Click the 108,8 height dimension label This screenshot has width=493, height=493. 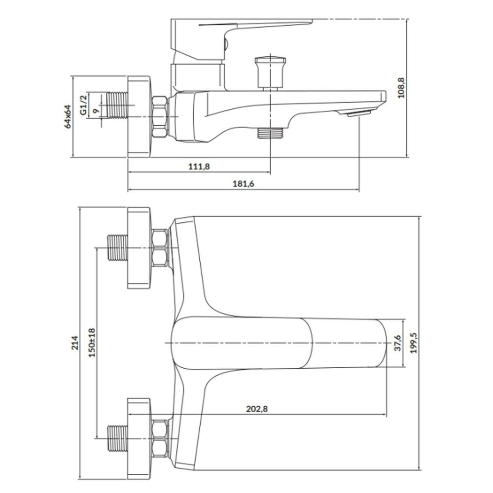pos(401,88)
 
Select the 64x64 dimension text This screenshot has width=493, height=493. pos(68,117)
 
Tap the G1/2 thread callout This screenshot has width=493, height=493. pos(83,105)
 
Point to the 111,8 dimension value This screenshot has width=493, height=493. pos(199,166)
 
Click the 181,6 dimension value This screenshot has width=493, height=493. pos(244,183)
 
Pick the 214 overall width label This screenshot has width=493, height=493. pos(75,343)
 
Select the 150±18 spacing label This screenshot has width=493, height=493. pos(92,343)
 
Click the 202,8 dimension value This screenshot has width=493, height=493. pos(257,409)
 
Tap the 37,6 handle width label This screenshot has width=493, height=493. pos(398,343)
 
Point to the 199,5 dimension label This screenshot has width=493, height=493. pos(414,343)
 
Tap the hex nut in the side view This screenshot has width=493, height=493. pos(160,117)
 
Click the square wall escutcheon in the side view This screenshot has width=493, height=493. pos(139,116)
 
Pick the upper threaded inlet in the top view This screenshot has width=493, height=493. pos(118,248)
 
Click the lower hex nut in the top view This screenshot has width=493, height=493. pos(160,438)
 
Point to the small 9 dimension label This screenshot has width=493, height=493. pos(97,110)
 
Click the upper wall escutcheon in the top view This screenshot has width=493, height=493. pos(139,248)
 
